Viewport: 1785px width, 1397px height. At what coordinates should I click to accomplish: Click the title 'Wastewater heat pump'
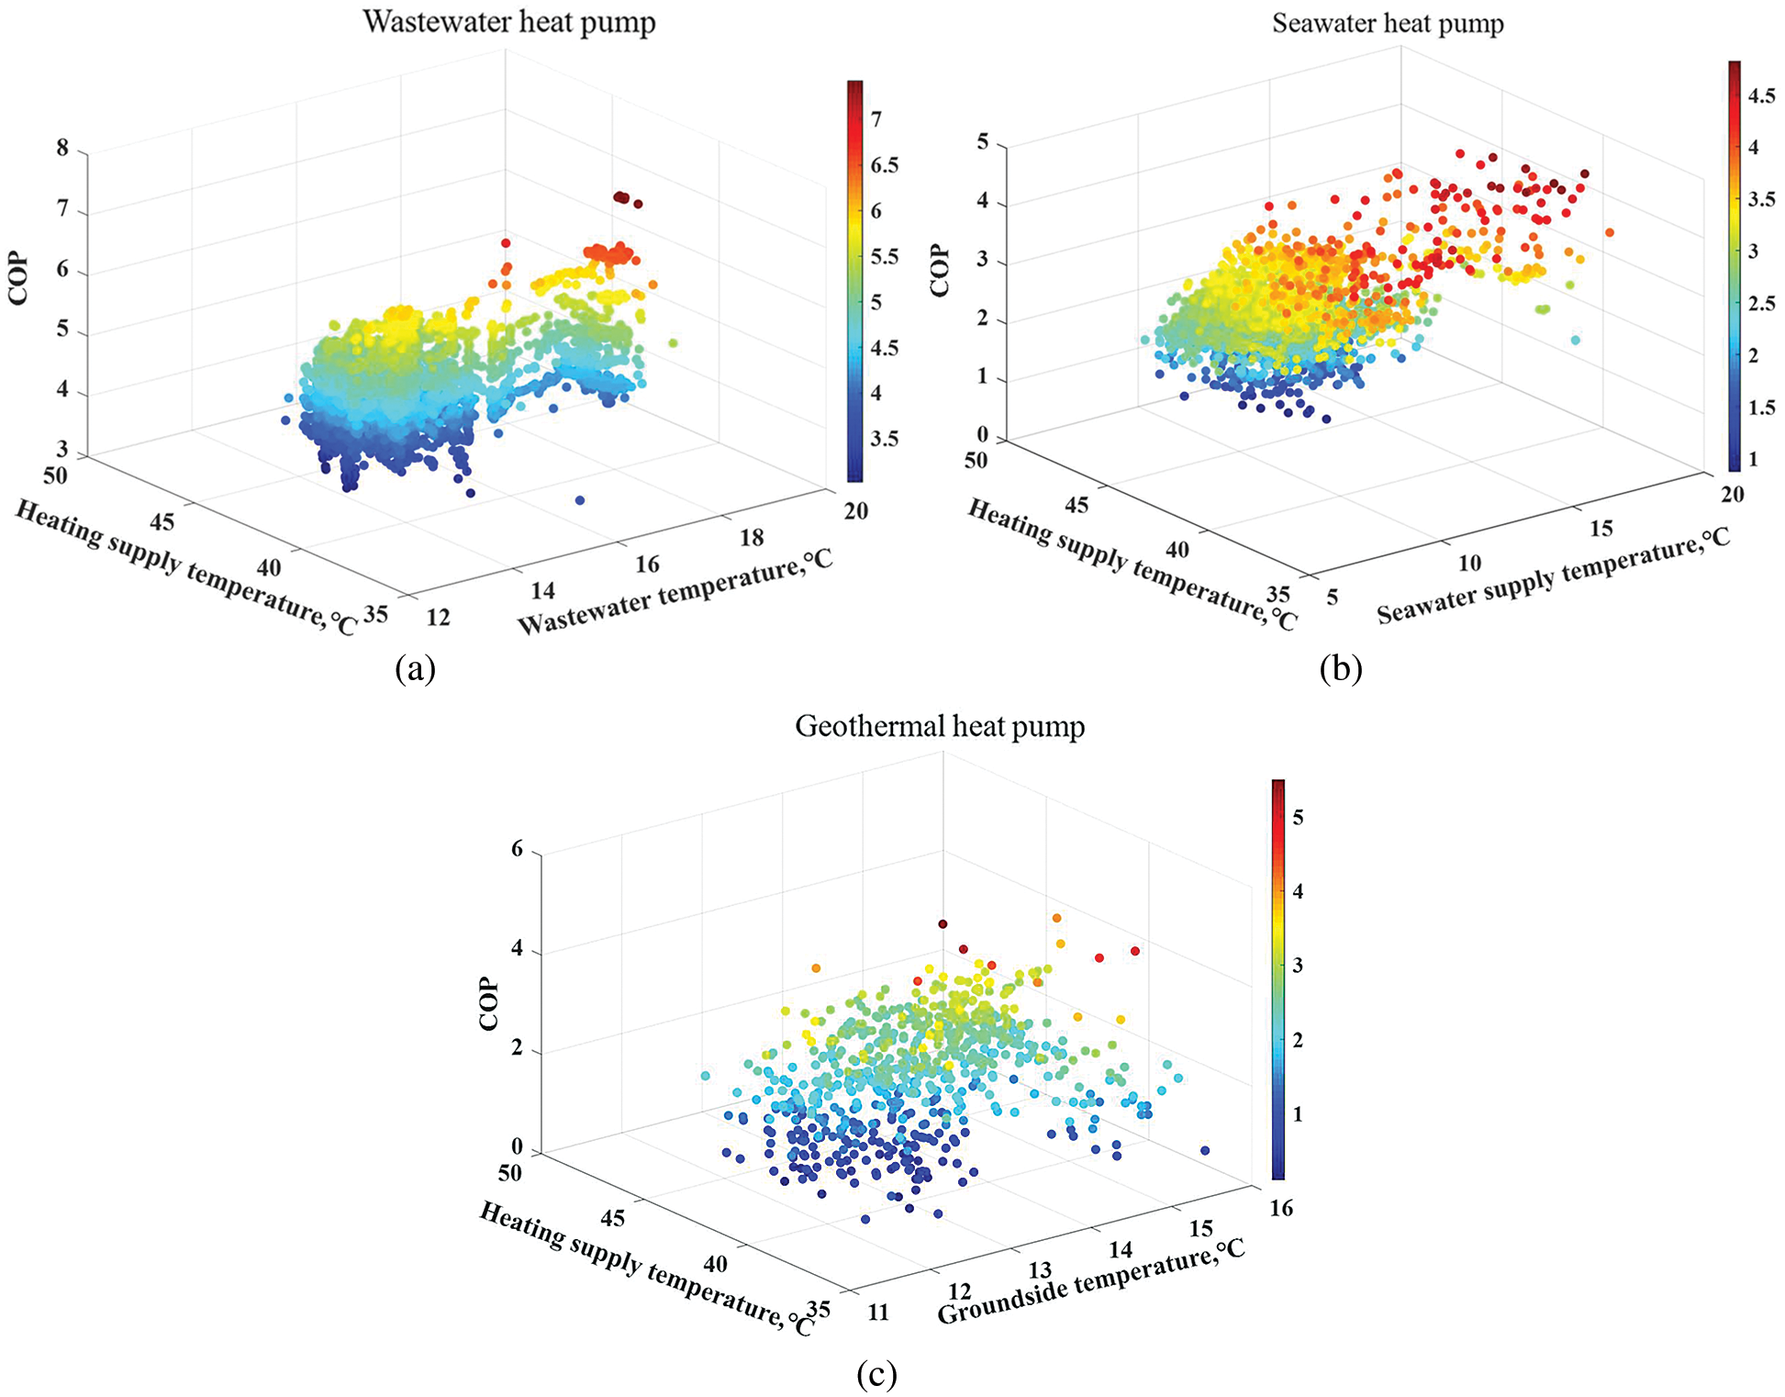(509, 22)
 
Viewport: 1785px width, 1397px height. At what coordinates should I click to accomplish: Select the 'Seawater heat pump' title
(1388, 23)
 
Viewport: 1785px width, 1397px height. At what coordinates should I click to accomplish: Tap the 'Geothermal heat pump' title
(940, 726)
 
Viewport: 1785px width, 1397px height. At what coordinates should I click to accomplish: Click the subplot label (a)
(415, 668)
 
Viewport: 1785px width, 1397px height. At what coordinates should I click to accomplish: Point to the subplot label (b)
(1340, 668)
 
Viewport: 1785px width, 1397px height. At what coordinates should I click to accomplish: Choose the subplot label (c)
(876, 1373)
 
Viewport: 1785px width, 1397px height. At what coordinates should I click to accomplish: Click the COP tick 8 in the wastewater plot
(62, 148)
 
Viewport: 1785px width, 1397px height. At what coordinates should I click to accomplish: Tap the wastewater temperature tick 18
(752, 538)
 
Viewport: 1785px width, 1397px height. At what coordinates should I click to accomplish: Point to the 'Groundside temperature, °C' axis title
(1091, 1281)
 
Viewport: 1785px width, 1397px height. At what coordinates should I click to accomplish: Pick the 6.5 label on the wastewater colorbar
(884, 165)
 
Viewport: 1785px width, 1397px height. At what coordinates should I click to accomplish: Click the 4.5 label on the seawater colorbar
(1760, 95)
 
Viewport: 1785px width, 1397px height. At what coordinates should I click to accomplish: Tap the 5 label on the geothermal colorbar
(1298, 818)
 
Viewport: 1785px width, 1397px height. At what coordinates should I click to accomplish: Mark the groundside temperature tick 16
(1281, 1208)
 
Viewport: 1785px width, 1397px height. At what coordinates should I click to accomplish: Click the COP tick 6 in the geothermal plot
(518, 850)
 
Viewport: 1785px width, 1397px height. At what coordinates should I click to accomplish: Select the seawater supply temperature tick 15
(1601, 529)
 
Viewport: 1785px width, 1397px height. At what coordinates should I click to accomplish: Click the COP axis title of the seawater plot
(940, 271)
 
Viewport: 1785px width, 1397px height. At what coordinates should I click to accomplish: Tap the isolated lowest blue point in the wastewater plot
(580, 500)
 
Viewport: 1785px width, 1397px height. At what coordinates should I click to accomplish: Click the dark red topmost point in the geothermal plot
(943, 923)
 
